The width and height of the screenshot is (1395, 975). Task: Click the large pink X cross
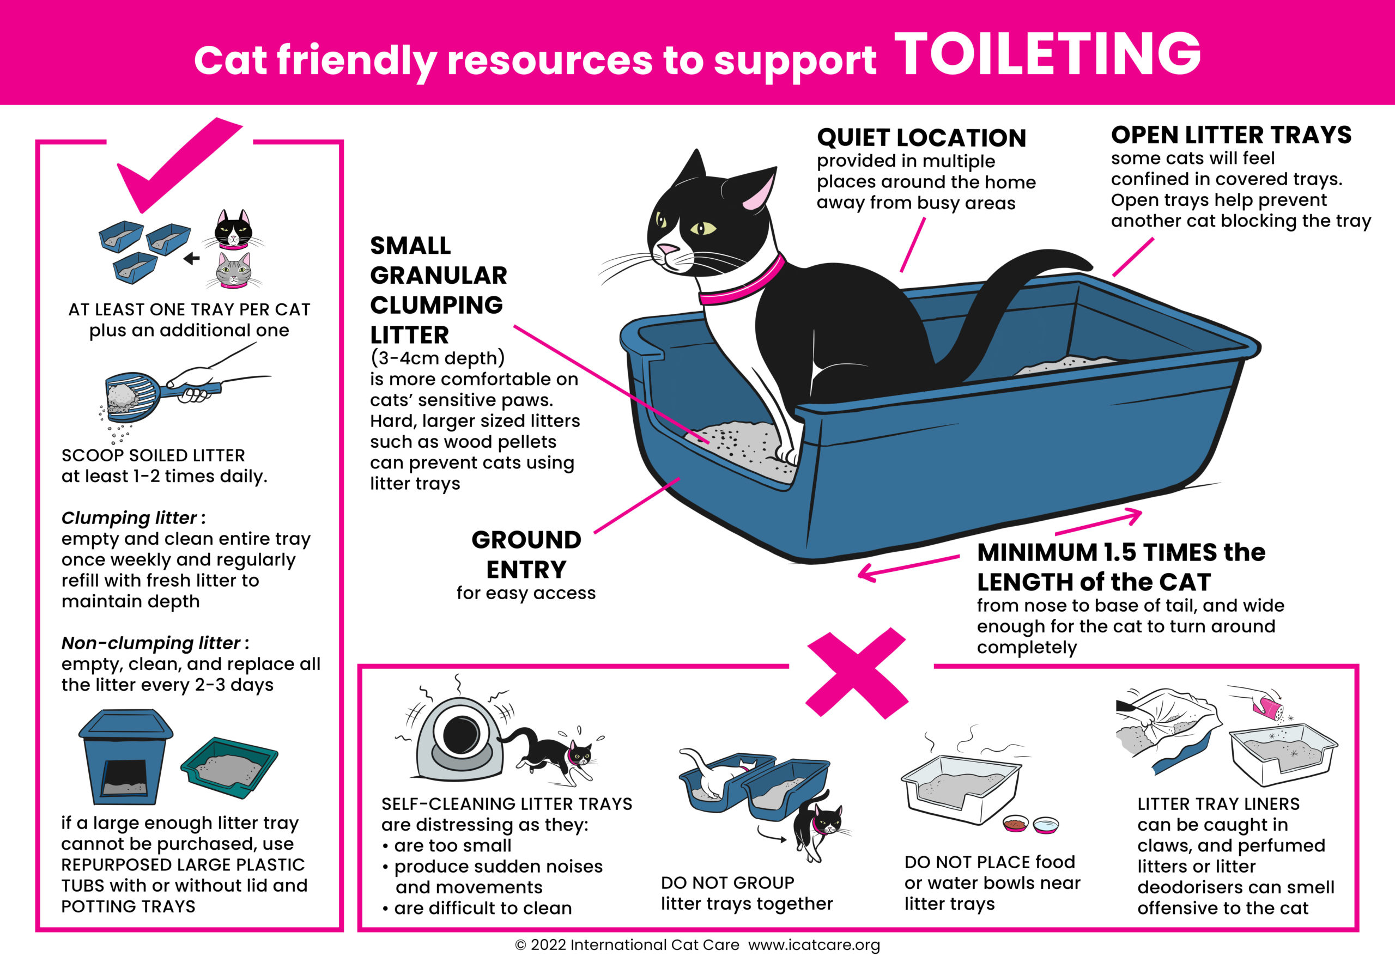pyautogui.click(x=857, y=673)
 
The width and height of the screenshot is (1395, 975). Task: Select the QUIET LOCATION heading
pyautogui.click(x=921, y=138)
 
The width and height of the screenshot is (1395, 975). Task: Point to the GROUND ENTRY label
pyautogui.click(x=526, y=554)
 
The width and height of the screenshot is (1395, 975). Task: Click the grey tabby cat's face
pyautogui.click(x=234, y=270)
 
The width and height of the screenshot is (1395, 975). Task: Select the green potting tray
pyautogui.click(x=229, y=768)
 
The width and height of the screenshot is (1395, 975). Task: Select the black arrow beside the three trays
pyautogui.click(x=191, y=259)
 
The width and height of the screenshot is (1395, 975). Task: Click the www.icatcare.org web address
pyautogui.click(x=814, y=944)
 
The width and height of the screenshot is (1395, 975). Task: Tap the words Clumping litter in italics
pyautogui.click(x=129, y=517)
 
